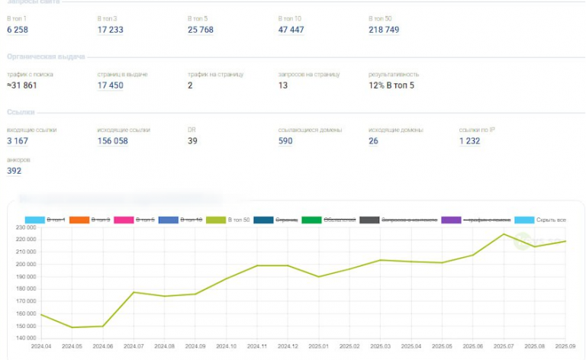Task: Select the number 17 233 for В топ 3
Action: coord(111,30)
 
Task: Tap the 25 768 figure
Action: coord(201,30)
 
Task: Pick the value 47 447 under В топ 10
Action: coord(291,30)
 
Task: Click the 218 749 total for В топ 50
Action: coord(384,30)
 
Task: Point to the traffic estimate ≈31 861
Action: coord(22,85)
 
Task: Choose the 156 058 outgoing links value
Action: coord(113,141)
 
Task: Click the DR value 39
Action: coord(192,141)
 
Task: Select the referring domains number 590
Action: coord(285,141)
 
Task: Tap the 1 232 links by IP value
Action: coord(469,141)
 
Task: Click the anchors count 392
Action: coord(14,171)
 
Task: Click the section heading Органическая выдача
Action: coord(46,56)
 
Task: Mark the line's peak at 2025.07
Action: coord(504,234)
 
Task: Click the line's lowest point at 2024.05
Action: coord(72,327)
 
